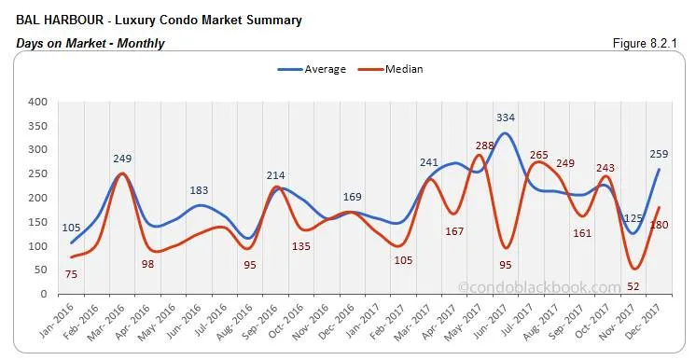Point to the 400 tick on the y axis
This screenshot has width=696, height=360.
coord(38,102)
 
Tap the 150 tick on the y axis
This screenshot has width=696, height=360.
coord(38,222)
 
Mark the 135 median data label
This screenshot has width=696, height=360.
coord(300,246)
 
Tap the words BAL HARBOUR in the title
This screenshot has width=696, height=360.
coord(56,21)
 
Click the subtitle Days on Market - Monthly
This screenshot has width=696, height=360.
coord(90,43)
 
